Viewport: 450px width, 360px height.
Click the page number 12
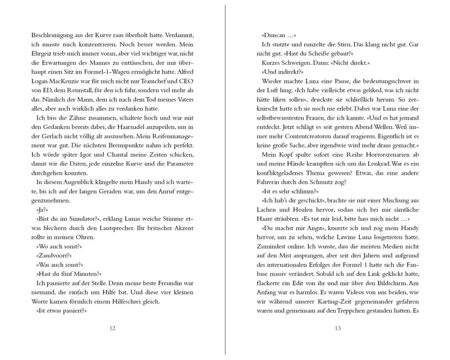point(112,328)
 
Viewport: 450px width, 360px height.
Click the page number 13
point(338,328)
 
